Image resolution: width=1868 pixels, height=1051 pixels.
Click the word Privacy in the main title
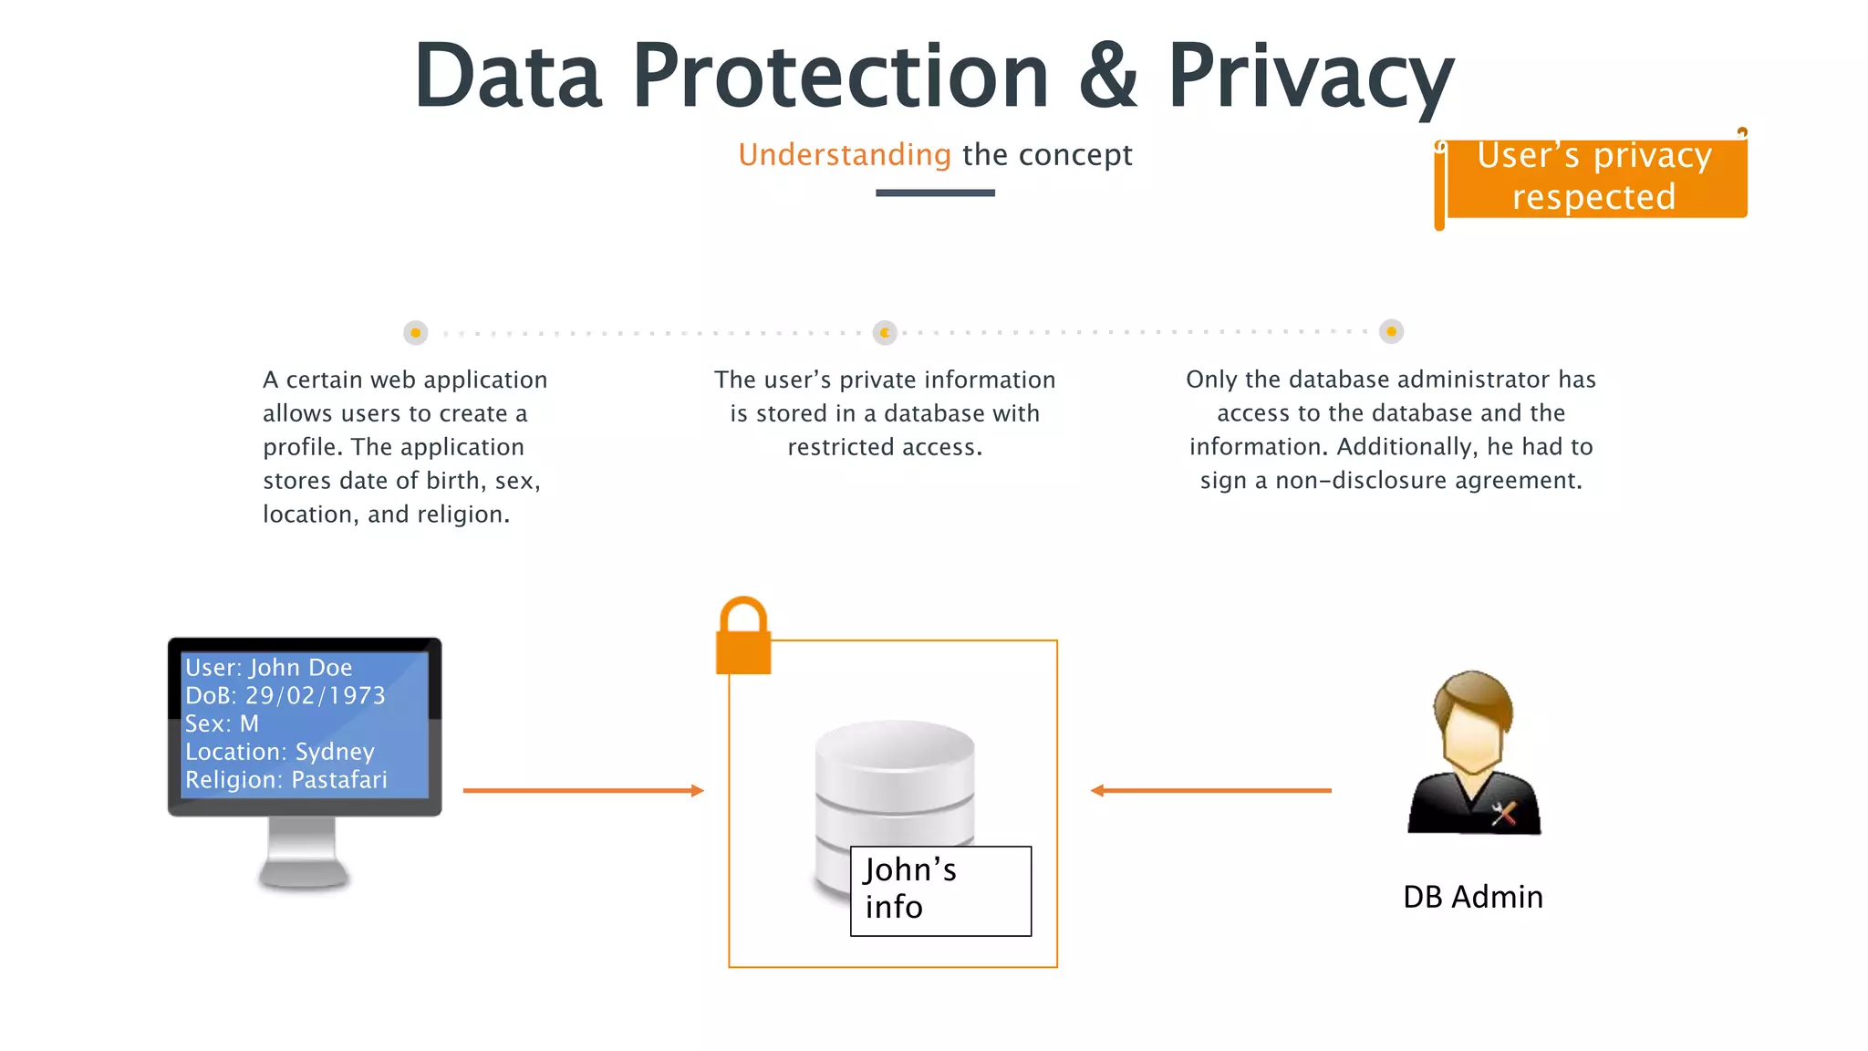coord(1310,77)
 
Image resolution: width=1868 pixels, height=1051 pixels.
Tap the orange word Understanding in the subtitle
coord(844,155)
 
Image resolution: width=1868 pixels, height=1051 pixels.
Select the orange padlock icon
coord(743,638)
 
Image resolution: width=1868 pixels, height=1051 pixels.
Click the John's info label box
coord(940,890)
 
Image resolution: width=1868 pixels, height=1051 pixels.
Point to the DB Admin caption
coord(1472,897)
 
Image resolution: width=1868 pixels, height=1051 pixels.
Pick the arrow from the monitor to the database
coord(583,790)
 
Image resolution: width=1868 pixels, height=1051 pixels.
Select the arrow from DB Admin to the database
coord(1210,790)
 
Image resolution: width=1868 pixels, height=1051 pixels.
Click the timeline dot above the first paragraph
coord(415,333)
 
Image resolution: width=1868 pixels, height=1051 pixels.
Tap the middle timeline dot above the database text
coord(885,333)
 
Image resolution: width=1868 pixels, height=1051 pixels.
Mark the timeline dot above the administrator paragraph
coord(1391,332)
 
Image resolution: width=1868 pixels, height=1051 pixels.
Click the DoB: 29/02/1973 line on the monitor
coord(285,695)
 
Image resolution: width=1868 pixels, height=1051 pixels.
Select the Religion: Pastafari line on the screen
coord(285,780)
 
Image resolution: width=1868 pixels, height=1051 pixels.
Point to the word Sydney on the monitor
coord(335,752)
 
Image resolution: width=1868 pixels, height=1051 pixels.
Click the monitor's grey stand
coord(304,853)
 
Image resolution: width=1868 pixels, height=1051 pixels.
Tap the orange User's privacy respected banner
coord(1594,177)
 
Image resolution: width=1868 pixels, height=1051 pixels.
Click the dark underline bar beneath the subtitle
coord(935,193)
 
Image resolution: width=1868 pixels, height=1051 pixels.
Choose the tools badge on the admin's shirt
coord(1503,812)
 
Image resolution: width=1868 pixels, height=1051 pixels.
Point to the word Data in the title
coord(508,77)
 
